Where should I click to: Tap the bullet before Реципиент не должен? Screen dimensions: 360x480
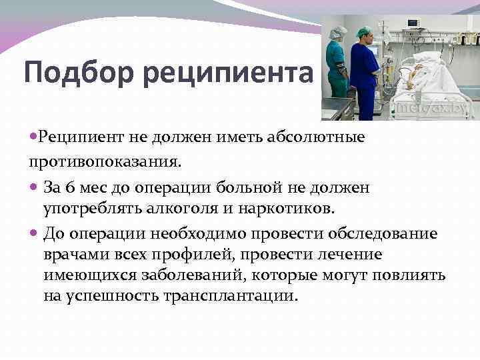tap(34, 137)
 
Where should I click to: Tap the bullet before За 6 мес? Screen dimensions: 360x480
tap(34, 188)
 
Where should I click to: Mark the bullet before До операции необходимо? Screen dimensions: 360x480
tap(34, 234)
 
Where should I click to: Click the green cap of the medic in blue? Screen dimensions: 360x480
tap(364, 31)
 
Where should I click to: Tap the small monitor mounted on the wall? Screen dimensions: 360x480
tap(412, 23)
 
